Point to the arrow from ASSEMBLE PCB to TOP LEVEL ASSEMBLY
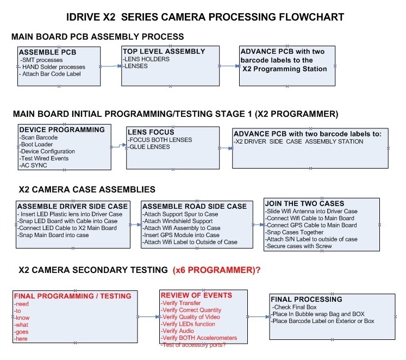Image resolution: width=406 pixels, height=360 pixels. (x=111, y=66)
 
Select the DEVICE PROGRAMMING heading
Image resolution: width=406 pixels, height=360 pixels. (x=61, y=130)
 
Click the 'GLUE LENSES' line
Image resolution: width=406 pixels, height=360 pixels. (x=149, y=147)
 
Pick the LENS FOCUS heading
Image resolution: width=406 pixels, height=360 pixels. (x=151, y=132)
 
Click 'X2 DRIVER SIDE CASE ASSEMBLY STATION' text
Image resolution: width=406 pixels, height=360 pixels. (x=298, y=141)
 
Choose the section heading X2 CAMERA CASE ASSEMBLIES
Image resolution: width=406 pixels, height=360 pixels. (x=87, y=189)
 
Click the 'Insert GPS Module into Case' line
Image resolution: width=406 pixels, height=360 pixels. (x=183, y=235)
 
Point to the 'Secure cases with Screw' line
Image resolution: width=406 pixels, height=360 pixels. (x=299, y=246)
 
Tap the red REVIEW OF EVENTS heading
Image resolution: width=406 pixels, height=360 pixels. (x=196, y=295)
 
